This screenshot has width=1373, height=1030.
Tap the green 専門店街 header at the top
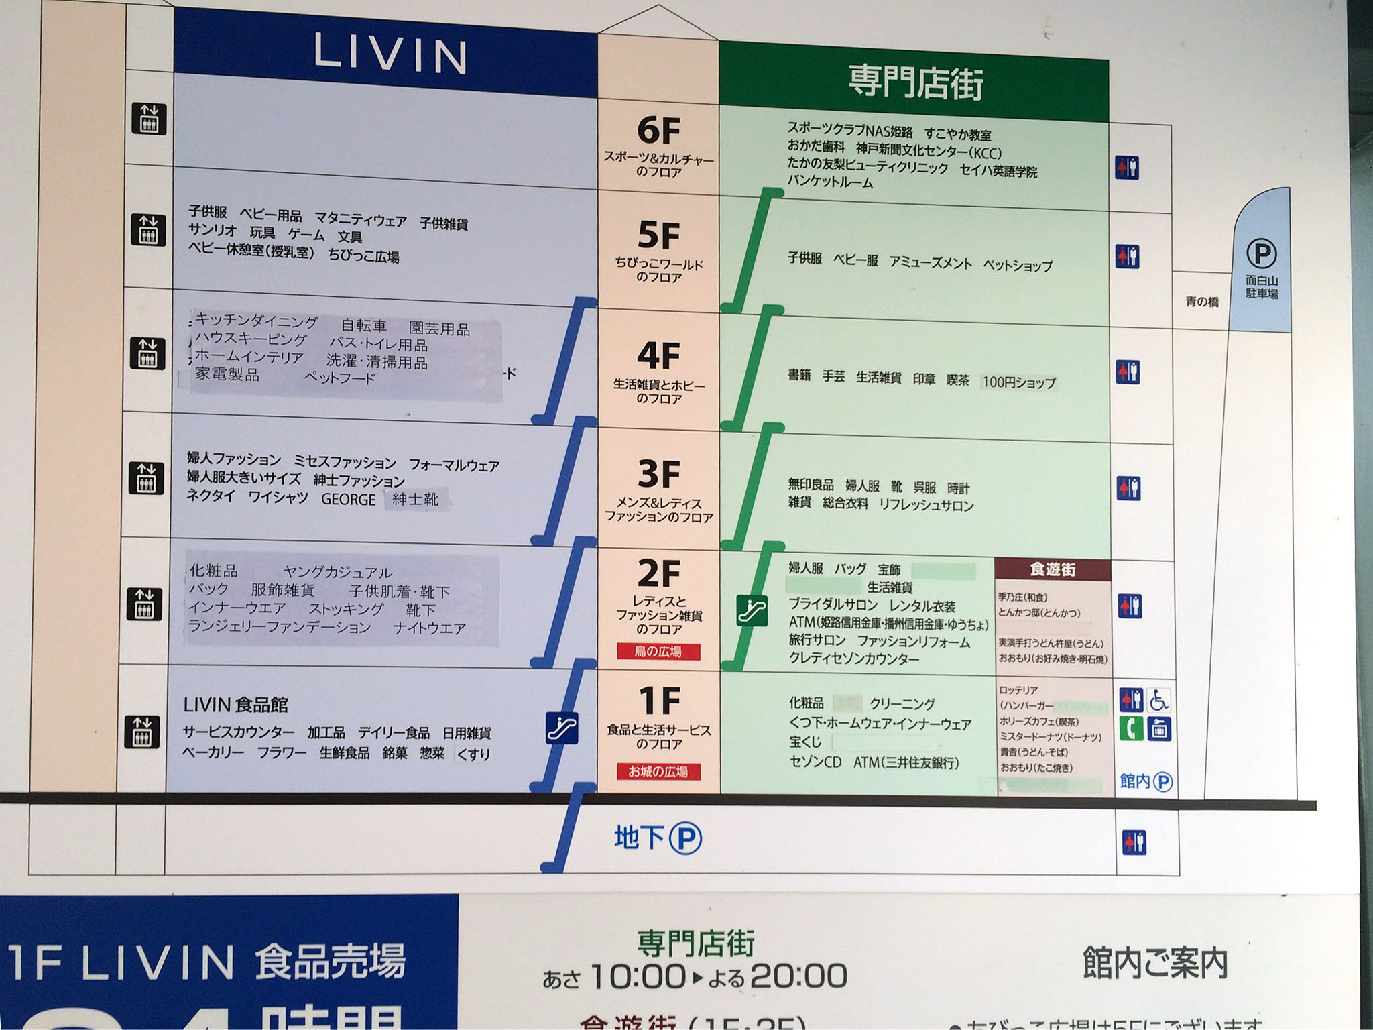pos(915,83)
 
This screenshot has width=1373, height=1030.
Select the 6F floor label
pos(658,130)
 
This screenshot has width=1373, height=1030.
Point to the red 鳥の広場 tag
pos(658,651)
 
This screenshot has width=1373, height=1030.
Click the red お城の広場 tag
pos(658,772)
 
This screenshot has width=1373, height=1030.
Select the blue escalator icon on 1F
pos(562,728)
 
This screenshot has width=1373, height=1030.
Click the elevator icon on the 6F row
pos(148,119)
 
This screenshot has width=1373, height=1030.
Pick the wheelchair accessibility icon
pos(1159,701)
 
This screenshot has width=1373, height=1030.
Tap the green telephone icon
pos(1131,728)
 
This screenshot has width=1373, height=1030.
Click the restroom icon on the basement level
pos(1134,842)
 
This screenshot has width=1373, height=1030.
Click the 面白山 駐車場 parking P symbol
pos(1261,254)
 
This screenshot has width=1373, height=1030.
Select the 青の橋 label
pos(1202,302)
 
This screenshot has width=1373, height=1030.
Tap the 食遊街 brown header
pos(1053,569)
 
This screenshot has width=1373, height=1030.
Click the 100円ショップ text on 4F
pos(1018,382)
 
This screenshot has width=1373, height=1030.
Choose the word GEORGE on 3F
pos(348,500)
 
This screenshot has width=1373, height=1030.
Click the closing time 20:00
pos(798,976)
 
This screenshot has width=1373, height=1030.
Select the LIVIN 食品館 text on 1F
pos(236,705)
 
